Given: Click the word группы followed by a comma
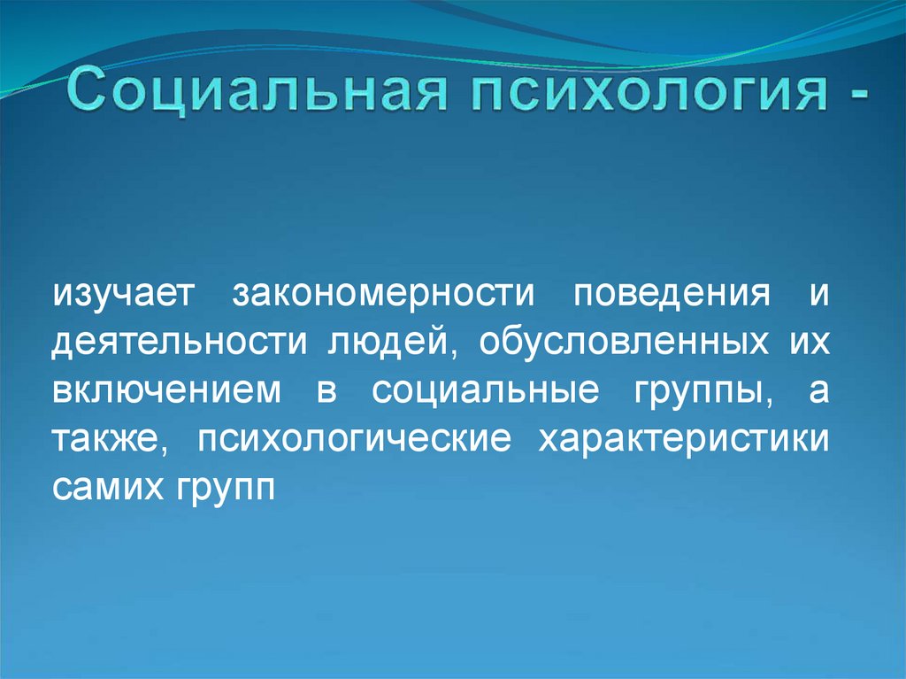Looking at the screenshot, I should click(x=702, y=392).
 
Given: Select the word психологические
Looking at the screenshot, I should click(x=356, y=440).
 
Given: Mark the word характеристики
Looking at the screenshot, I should click(x=680, y=440).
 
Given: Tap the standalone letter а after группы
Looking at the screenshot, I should click(x=818, y=391).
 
